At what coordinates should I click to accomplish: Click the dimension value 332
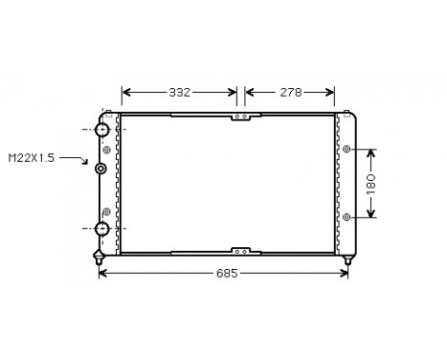[x=180, y=93]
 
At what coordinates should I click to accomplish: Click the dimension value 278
[x=290, y=93]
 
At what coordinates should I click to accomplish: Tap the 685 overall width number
[x=225, y=273]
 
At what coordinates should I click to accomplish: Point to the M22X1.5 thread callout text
[x=33, y=158]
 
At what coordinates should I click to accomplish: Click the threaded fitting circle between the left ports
[x=101, y=169]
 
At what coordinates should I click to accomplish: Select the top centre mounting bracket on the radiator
[x=241, y=117]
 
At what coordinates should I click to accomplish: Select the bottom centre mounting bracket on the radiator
[x=241, y=251]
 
